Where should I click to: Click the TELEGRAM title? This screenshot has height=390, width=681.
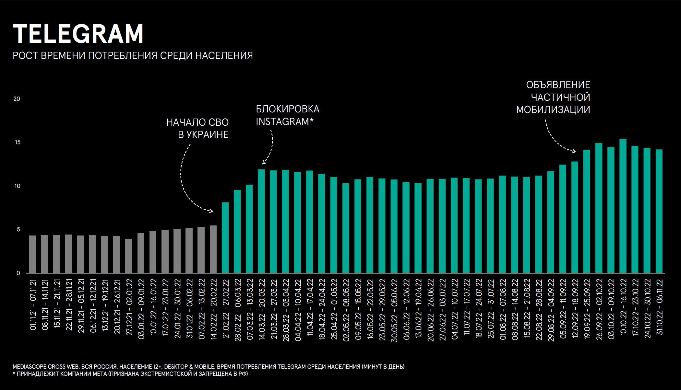click(x=78, y=34)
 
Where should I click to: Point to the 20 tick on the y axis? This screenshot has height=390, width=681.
click(x=17, y=99)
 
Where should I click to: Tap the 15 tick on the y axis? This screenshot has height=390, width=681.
click(x=18, y=142)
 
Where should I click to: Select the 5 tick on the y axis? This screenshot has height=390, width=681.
click(x=18, y=229)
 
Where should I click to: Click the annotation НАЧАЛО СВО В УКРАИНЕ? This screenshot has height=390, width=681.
click(x=197, y=128)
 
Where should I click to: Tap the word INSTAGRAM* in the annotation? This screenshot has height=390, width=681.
click(x=284, y=122)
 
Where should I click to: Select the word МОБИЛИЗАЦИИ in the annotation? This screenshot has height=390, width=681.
click(x=553, y=110)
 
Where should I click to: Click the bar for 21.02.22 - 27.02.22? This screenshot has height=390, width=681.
click(x=225, y=237)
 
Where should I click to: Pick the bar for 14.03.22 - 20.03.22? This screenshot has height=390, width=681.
click(x=261, y=221)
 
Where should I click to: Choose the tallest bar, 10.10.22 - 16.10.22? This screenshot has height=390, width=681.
click(x=623, y=206)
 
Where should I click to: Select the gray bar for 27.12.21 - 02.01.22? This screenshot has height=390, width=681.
click(x=129, y=256)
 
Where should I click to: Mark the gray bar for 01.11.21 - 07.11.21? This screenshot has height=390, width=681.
click(x=32, y=254)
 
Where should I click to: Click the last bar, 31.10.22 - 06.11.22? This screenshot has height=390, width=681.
click(x=659, y=211)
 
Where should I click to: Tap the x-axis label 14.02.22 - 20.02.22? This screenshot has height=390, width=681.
click(x=213, y=309)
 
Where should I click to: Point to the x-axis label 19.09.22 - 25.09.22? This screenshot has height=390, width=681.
click(x=587, y=309)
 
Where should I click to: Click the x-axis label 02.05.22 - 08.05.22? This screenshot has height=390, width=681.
click(x=346, y=309)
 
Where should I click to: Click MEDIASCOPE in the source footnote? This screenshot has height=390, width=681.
click(x=30, y=367)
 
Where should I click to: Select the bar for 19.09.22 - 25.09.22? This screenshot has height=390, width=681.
click(x=587, y=211)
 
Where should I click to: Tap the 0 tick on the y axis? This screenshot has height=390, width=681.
click(x=18, y=273)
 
